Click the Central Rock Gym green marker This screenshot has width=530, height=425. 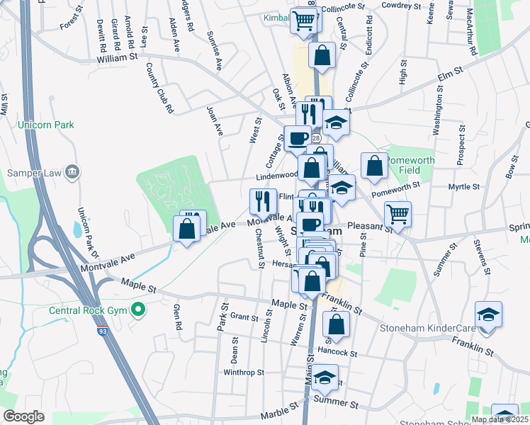click(x=139, y=310)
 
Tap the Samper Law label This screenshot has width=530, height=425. click(x=33, y=171)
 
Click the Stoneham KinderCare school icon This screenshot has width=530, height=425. click(x=488, y=314)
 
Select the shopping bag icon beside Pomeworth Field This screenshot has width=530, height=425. click(x=374, y=166)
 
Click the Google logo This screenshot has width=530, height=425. click(x=24, y=416)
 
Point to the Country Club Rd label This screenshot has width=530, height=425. click(x=159, y=87)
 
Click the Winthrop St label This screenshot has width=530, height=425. click(x=243, y=372)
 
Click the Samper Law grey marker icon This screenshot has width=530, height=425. click(x=72, y=171)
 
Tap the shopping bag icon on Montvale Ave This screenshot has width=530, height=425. click(x=186, y=229)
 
